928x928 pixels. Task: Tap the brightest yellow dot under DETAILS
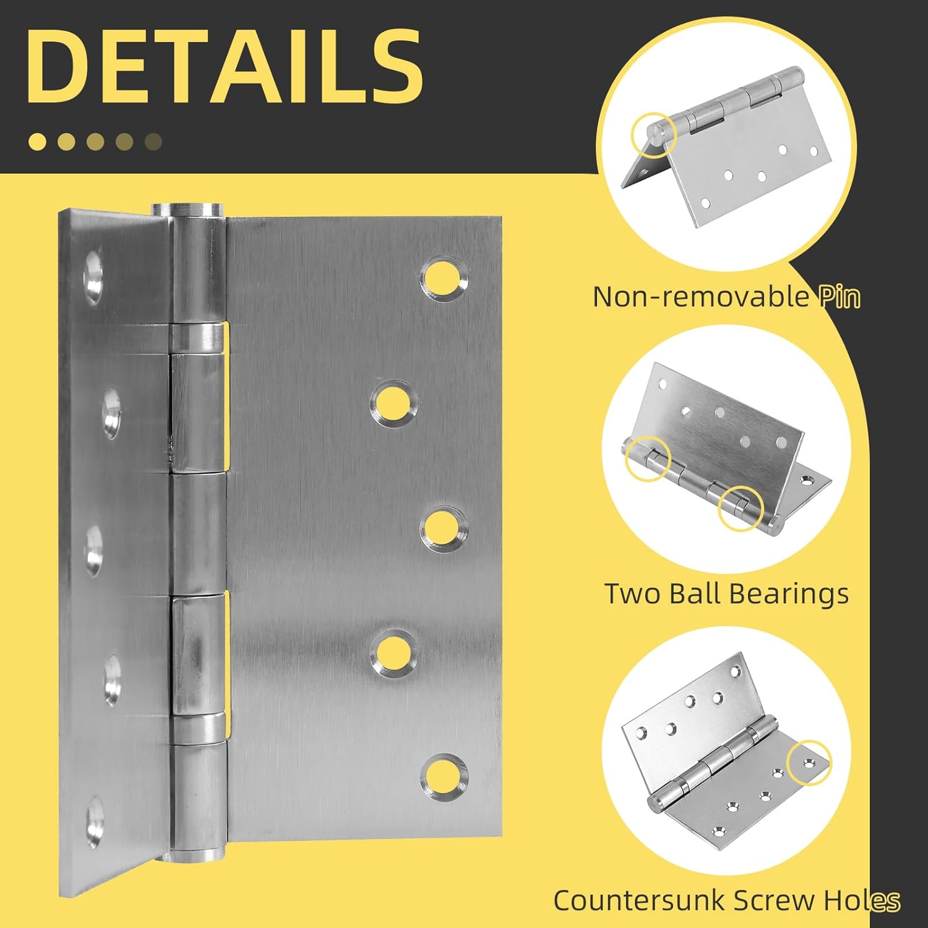tap(37, 142)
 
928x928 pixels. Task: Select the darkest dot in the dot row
tap(153, 142)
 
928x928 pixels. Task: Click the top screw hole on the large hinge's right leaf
tap(444, 278)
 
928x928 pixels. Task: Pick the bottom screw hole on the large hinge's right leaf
tap(444, 776)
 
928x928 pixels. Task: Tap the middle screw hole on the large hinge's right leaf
tap(444, 528)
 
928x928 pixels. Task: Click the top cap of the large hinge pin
tap(186, 209)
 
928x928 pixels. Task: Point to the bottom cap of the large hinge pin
tap(194, 856)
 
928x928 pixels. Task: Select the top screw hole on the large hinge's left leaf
tap(93, 276)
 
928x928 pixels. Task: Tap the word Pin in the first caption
tap(840, 297)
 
